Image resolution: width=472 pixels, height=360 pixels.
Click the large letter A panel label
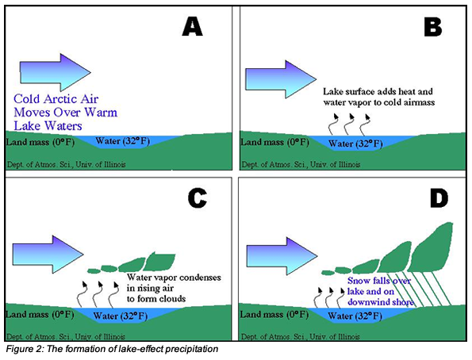pyautogui.click(x=192, y=26)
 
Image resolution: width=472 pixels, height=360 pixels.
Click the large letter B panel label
pyautogui.click(x=433, y=27)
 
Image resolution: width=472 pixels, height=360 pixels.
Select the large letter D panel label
pyautogui.click(x=439, y=198)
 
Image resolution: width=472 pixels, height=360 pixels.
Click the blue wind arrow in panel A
pyautogui.click(x=55, y=72)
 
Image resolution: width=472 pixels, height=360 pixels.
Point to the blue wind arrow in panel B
pyautogui.click(x=281, y=79)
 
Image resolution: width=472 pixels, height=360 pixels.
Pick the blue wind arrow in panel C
pyautogui.click(x=48, y=255)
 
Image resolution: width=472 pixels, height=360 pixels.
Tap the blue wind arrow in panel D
pyautogui.click(x=282, y=256)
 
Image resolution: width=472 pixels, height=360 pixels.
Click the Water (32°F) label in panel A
pyautogui.click(x=122, y=141)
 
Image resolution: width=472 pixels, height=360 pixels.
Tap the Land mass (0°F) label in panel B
pyautogui.click(x=274, y=142)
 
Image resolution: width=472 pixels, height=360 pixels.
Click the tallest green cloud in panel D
pyautogui.click(x=432, y=247)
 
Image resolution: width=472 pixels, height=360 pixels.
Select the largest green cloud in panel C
pyautogui.click(x=159, y=262)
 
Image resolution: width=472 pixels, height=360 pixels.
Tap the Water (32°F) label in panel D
pyautogui.click(x=355, y=316)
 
